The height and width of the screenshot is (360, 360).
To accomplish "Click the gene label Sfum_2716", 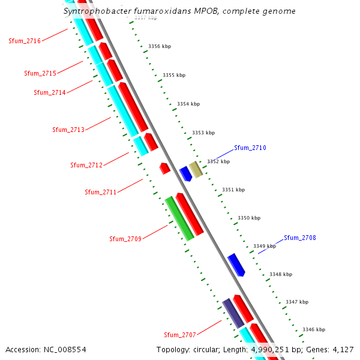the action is click(x=25, y=41).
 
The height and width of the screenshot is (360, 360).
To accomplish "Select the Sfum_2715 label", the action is click(x=40, y=73).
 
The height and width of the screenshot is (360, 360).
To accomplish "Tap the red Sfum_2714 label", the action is click(x=49, y=92).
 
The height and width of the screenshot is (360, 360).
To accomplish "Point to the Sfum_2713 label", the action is click(x=68, y=130).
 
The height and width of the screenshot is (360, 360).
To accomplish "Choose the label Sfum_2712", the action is click(x=86, y=165).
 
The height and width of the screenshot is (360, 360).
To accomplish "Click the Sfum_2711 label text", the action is click(x=100, y=192).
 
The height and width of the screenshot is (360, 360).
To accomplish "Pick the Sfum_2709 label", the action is click(x=125, y=239).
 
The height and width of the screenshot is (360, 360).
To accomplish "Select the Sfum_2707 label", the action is click(x=180, y=335).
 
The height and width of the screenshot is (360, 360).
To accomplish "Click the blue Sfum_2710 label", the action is click(x=250, y=148).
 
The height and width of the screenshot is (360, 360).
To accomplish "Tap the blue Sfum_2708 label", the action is click(x=300, y=238).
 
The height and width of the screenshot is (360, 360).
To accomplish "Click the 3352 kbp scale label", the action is click(x=218, y=161).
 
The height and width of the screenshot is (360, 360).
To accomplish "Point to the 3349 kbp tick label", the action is click(x=265, y=246).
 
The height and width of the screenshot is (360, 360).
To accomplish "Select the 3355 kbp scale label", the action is click(x=174, y=75).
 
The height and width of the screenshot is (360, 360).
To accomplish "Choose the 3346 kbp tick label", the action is click(x=314, y=329).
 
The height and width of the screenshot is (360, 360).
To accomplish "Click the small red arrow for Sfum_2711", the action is click(x=164, y=168).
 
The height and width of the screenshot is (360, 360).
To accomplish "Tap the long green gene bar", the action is click(x=179, y=218).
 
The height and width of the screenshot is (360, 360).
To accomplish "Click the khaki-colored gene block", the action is click(x=196, y=170).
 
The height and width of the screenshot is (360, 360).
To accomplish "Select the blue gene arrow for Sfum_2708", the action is click(x=236, y=265).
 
